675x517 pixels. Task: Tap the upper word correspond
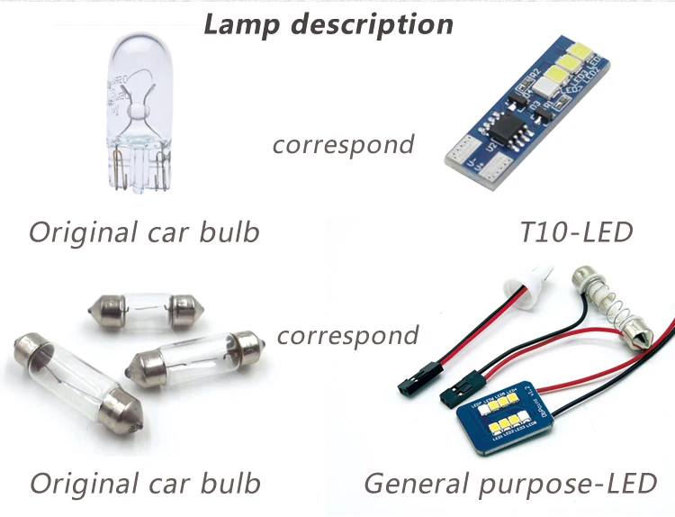tap(343, 143)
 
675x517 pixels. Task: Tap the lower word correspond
tap(347, 336)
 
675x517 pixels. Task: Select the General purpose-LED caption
tap(509, 483)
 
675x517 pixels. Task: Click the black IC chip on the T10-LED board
tap(500, 128)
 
